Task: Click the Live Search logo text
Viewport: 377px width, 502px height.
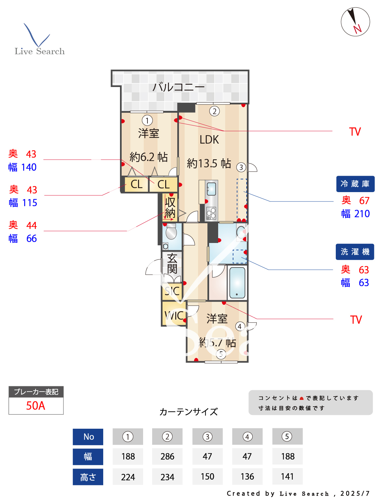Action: click(40, 51)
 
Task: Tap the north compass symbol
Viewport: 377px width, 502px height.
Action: click(355, 22)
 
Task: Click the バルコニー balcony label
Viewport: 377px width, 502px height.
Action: click(178, 87)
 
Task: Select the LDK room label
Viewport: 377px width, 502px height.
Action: click(209, 140)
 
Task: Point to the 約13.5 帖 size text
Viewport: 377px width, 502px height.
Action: click(209, 163)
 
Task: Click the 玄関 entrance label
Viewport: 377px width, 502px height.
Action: click(172, 263)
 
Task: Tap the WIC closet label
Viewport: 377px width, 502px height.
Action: click(174, 315)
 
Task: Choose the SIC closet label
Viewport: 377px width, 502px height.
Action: click(172, 291)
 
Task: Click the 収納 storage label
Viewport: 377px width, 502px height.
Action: click(170, 207)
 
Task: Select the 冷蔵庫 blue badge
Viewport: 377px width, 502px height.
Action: click(355, 184)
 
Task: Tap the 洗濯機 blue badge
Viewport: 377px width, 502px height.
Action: click(355, 252)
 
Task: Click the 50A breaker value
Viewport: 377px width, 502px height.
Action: click(36, 406)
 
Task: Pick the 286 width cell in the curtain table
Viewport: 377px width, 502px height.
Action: click(167, 456)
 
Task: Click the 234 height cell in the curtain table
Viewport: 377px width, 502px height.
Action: click(167, 477)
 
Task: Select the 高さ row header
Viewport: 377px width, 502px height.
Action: click(88, 477)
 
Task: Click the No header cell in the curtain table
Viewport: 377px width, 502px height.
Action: click(88, 437)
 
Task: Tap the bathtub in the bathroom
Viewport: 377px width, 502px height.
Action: click(237, 282)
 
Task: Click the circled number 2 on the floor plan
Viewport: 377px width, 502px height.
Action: click(214, 111)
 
